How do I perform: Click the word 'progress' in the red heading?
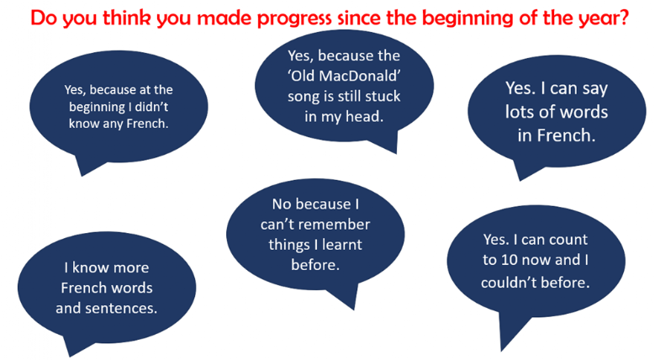(294, 19)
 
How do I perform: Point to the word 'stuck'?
(383, 96)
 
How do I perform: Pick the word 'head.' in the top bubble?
(362, 116)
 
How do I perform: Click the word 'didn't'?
(151, 107)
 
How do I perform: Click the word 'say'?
(594, 89)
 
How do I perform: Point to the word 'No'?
(281, 204)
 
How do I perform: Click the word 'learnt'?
(341, 245)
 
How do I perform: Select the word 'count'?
(566, 240)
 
